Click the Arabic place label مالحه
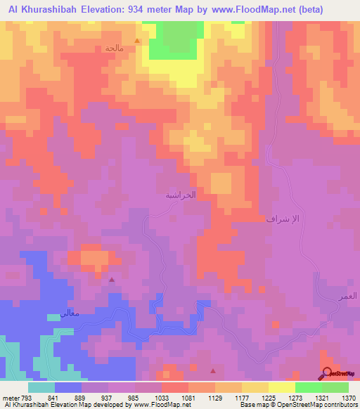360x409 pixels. pyautogui.click(x=114, y=48)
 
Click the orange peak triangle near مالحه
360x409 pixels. pyautogui.click(x=137, y=41)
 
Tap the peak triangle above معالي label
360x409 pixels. pyautogui.click(x=112, y=280)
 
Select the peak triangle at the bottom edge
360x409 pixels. pyautogui.click(x=213, y=370)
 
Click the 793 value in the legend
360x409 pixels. pyautogui.click(x=24, y=398)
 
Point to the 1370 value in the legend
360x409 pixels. pyautogui.click(x=349, y=398)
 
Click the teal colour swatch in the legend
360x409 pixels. pyautogui.click(x=41, y=387)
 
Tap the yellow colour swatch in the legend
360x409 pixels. pyautogui.click(x=255, y=387)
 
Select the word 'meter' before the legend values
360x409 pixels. pyautogui.click(x=9, y=398)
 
